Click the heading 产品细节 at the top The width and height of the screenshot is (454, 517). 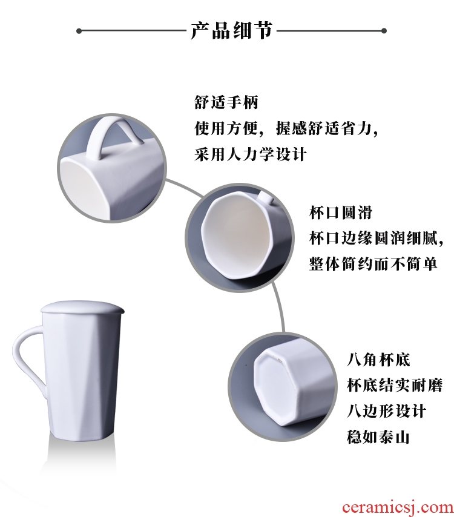[x=232, y=31]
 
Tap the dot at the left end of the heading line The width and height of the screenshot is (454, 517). [x=79, y=31]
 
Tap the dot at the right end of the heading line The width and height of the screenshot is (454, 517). [x=384, y=31]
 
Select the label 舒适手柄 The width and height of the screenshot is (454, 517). [x=226, y=102]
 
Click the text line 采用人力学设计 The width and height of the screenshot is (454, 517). [x=251, y=154]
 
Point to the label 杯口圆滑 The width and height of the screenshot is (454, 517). [x=341, y=212]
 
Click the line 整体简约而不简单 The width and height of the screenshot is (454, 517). [x=373, y=264]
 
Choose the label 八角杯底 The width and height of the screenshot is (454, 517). [x=378, y=360]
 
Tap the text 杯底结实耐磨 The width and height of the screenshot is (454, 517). [x=395, y=385]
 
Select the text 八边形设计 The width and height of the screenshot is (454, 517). [x=386, y=411]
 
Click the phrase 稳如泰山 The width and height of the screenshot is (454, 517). [x=378, y=437]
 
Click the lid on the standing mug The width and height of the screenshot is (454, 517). [x=82, y=308]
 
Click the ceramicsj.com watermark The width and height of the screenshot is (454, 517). [x=398, y=508]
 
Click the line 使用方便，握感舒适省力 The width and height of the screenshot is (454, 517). [x=286, y=128]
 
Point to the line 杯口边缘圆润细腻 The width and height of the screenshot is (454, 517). [x=377, y=238]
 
